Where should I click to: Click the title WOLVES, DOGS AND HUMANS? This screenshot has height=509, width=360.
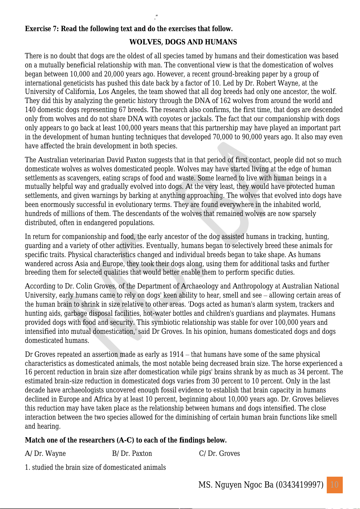183,42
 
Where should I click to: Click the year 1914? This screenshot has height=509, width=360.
176,354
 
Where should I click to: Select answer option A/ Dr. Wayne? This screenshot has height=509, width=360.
45,453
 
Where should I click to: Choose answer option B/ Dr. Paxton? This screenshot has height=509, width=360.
132,453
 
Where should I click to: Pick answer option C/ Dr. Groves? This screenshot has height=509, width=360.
219,453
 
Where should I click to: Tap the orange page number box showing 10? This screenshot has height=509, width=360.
335,485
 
